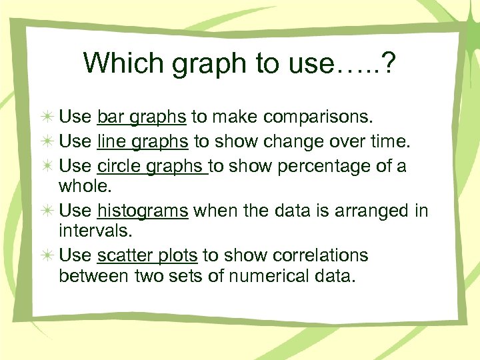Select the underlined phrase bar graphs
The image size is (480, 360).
[141, 118]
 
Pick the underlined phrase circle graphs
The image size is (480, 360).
[153, 165]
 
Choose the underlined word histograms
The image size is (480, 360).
[143, 211]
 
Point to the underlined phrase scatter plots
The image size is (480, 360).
[147, 256]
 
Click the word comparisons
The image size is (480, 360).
[318, 118]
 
